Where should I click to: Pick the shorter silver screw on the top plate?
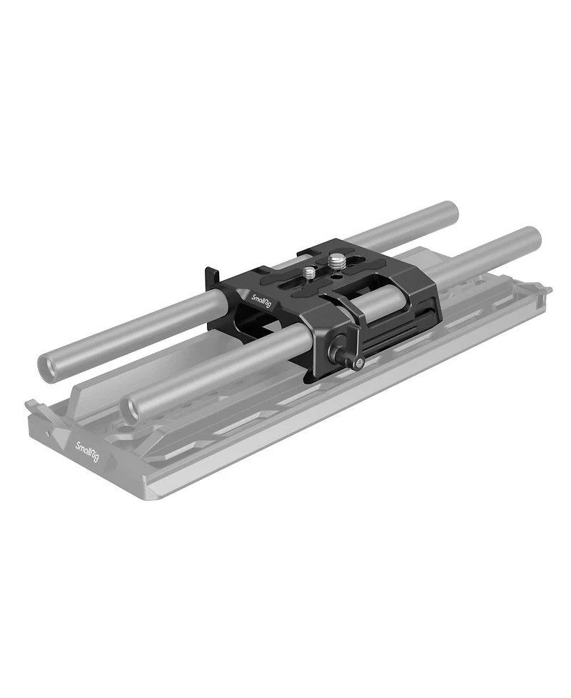(x=309, y=273)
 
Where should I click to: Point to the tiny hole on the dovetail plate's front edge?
(x=48, y=434)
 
